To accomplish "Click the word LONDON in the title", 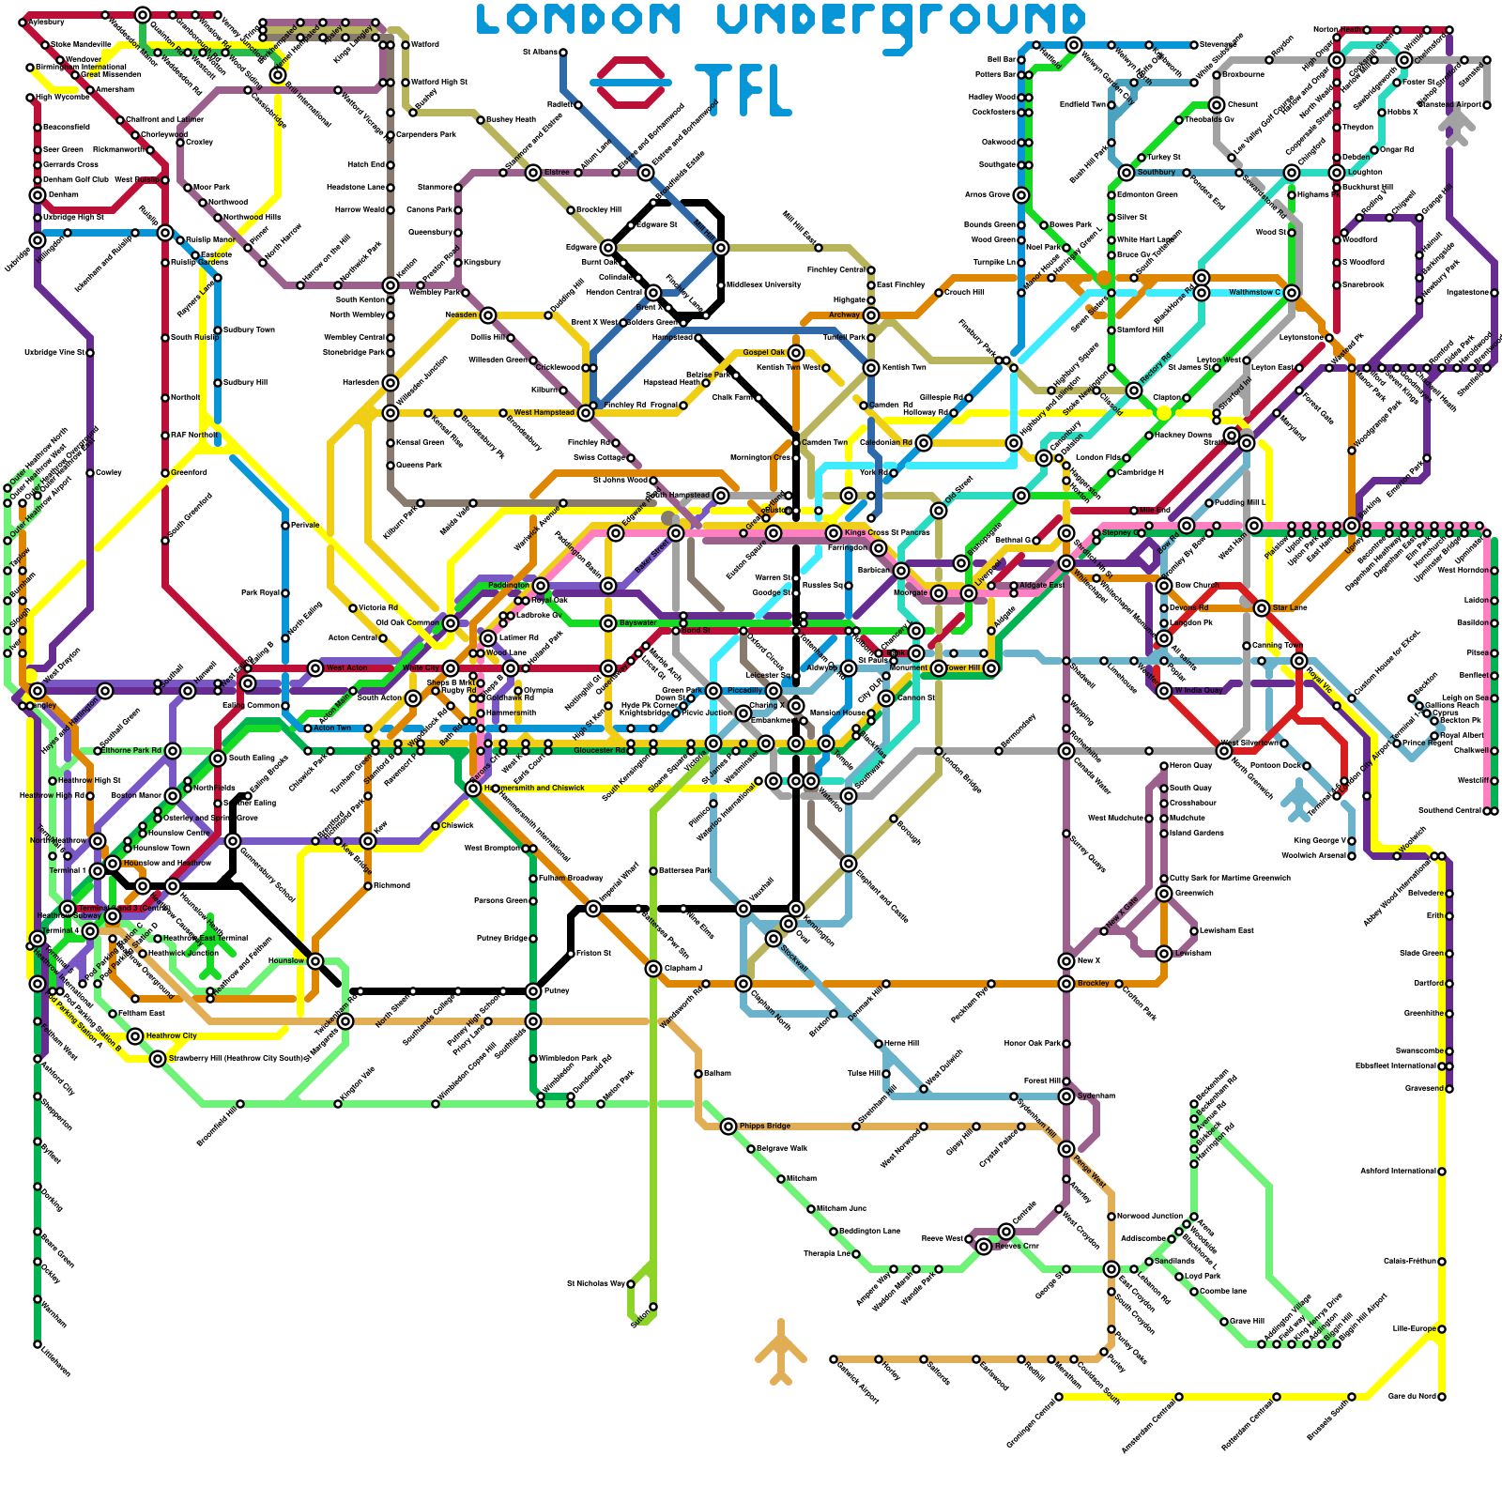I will coord(577,19).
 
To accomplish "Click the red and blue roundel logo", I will coord(631,83).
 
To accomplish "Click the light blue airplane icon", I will coord(1300,798).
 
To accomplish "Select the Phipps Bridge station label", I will coord(765,1126).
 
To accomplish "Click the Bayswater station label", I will coord(638,622).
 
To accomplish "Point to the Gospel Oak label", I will coord(763,352).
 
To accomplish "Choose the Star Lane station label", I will coord(1290,607).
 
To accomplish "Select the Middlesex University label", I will coord(762,284).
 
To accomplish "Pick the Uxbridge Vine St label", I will coord(54,353).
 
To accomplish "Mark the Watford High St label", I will coord(439,82).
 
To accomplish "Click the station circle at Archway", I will coord(871,315).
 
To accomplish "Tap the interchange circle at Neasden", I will coord(488,315).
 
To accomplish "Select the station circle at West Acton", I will coord(315,668).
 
